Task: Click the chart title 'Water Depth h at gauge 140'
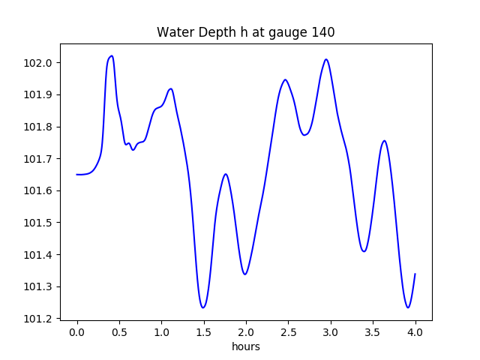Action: click(245, 33)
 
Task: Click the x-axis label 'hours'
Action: click(245, 346)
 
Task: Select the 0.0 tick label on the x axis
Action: click(77, 331)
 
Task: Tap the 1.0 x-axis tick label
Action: click(162, 331)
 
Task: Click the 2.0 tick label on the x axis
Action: click(246, 331)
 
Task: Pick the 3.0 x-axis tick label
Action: click(331, 331)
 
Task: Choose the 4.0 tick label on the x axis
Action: click(415, 331)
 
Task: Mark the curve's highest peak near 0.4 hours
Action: click(112, 56)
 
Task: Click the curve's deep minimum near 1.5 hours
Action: click(203, 307)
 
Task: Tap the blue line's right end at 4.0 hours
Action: click(415, 274)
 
